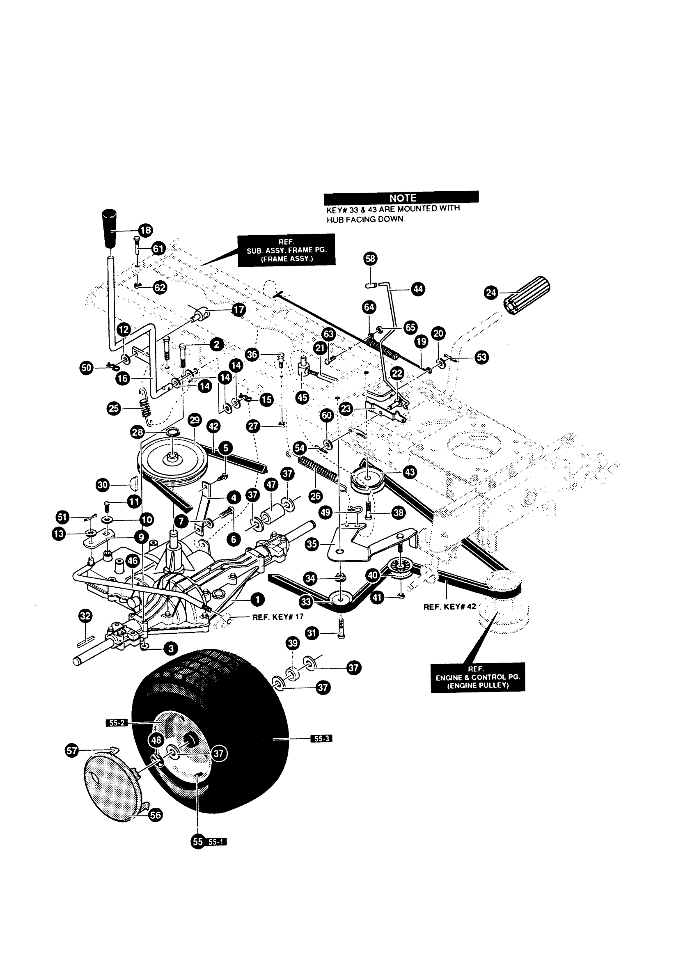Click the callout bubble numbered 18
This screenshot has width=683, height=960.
[x=146, y=230]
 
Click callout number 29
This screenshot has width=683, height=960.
[x=195, y=419]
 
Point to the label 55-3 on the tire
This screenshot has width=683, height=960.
[x=321, y=738]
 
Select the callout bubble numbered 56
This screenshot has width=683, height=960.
[x=156, y=815]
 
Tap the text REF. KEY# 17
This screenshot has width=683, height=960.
[x=277, y=617]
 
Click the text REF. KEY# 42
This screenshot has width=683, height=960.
[x=449, y=606]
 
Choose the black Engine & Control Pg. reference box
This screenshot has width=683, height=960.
[x=478, y=677]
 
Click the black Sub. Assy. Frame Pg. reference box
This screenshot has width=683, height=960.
[x=286, y=250]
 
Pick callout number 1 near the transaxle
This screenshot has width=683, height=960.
[x=257, y=599]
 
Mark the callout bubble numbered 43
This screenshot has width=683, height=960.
[x=410, y=472]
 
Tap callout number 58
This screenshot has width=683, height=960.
[x=371, y=258]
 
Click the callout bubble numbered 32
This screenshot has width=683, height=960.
[x=85, y=616]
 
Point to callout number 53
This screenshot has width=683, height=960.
[x=481, y=357]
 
